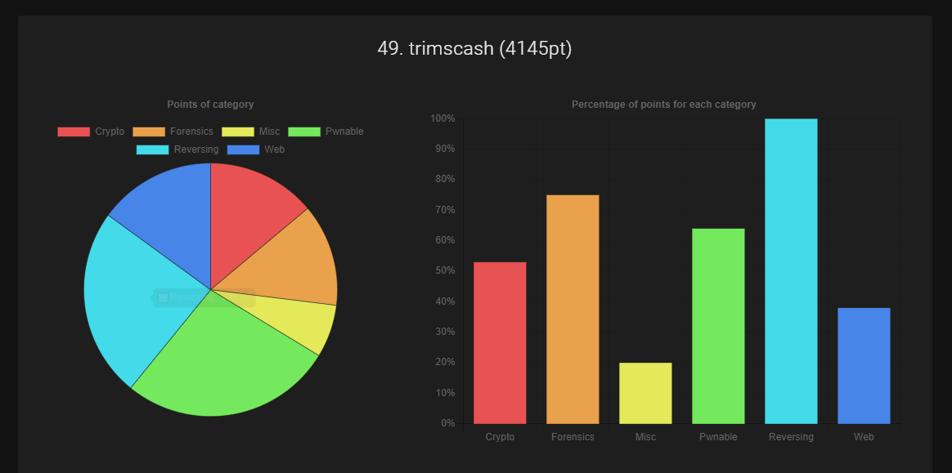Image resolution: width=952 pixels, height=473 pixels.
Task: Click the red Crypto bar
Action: coord(500,343)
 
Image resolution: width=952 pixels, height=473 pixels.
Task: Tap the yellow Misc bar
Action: coord(645,393)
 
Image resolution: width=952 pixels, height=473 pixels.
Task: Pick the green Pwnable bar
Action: coord(718,326)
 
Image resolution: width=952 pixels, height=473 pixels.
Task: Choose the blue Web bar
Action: coord(864,365)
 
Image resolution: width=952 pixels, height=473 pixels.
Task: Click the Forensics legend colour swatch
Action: coord(148,132)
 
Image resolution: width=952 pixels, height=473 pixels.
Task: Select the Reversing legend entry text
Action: coord(196,149)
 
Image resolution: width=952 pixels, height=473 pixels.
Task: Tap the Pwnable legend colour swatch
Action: coord(303,132)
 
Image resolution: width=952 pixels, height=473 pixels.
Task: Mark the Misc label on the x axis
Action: coord(645,437)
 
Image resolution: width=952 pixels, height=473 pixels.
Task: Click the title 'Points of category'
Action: coord(210,105)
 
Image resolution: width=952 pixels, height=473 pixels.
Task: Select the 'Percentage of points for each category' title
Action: coord(663,105)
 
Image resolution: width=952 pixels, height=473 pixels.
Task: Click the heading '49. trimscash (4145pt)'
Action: coord(474,49)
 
